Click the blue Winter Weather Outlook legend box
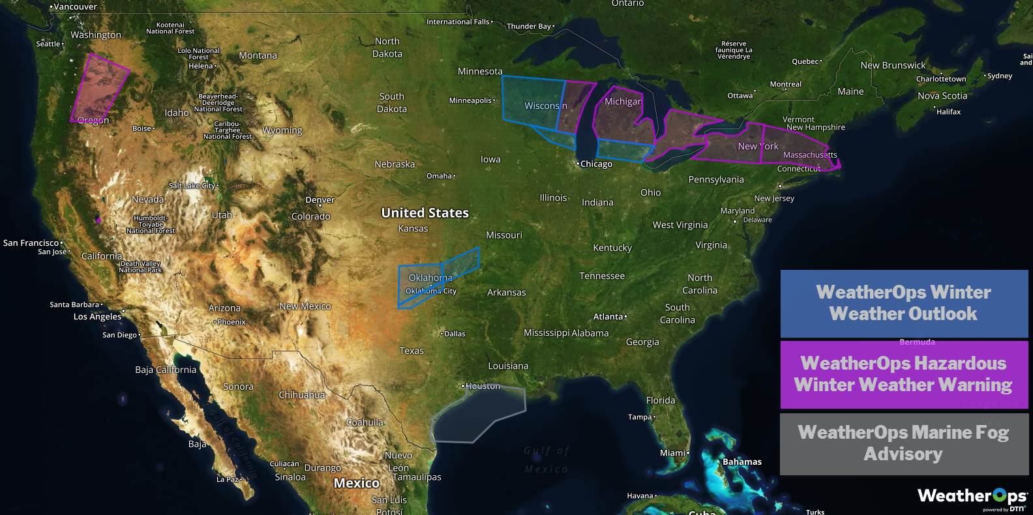click(x=904, y=303)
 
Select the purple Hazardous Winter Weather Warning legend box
click(x=904, y=374)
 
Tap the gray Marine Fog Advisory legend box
click(x=904, y=443)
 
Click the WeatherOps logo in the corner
click(x=972, y=497)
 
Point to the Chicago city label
click(x=596, y=164)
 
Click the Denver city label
click(x=320, y=200)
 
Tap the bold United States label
click(x=425, y=213)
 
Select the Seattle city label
click(x=48, y=44)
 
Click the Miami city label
click(x=673, y=453)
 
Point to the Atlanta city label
click(x=608, y=317)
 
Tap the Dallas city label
click(x=455, y=334)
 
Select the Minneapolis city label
click(x=470, y=100)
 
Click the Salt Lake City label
click(x=192, y=186)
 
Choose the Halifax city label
click(x=948, y=112)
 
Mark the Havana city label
click(x=640, y=496)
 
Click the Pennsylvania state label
click(x=716, y=180)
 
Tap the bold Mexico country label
click(x=356, y=483)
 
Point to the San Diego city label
click(x=119, y=335)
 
